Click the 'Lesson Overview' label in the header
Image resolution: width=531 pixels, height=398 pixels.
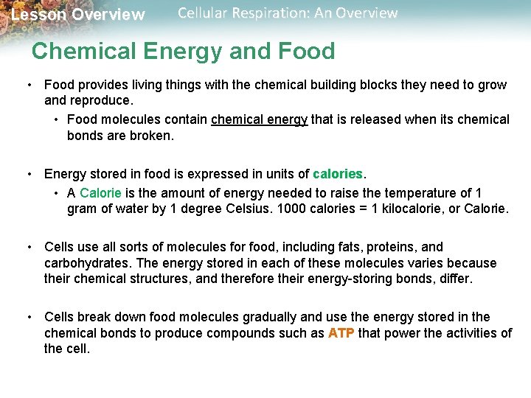tap(78, 15)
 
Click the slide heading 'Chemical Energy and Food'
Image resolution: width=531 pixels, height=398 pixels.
tap(183, 51)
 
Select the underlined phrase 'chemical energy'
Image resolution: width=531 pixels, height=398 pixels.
tap(259, 119)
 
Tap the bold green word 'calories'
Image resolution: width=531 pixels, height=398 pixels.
tap(338, 175)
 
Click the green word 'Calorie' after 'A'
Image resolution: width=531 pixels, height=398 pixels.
tap(101, 193)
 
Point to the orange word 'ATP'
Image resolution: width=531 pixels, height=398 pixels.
tap(341, 333)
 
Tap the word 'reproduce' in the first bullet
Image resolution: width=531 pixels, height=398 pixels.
tap(100, 100)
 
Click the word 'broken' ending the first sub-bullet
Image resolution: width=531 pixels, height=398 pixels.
tap(152, 136)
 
